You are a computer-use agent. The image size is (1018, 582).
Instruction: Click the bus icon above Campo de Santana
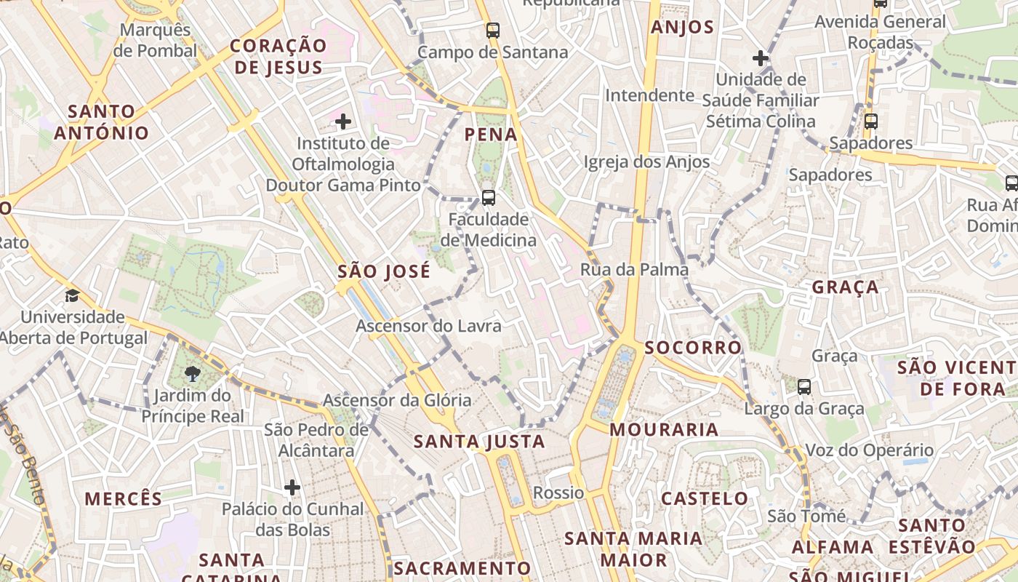(493, 31)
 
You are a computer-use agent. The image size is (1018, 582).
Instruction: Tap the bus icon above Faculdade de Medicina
(489, 197)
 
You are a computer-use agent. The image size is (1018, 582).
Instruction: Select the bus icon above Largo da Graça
(804, 386)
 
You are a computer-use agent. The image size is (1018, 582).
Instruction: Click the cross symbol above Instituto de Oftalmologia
(343, 121)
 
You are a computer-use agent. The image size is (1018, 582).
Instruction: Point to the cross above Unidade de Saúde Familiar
(761, 57)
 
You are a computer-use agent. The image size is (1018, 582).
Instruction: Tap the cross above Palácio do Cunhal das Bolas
(292, 487)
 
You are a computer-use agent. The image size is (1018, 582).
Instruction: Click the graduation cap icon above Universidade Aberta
(72, 295)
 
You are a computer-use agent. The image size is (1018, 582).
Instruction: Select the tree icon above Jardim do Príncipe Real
(193, 374)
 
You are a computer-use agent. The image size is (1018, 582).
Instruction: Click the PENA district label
(491, 135)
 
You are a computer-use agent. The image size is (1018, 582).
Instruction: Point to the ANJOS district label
(683, 28)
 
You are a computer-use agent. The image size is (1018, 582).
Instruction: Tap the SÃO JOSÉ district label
(384, 272)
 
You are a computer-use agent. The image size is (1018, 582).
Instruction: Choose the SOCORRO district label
(693, 348)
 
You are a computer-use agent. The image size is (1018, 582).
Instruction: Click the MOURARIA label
(664, 430)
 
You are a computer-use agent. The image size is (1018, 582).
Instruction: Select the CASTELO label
(705, 499)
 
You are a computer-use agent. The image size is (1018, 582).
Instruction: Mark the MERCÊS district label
(124, 499)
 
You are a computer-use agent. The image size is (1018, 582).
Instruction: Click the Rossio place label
(558, 493)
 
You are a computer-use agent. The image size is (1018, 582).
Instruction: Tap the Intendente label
(649, 95)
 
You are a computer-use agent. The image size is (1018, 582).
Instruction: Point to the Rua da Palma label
(634, 270)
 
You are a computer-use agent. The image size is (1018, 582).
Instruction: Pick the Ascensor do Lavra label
(428, 326)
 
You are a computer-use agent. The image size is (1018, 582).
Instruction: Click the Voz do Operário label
(869, 450)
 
